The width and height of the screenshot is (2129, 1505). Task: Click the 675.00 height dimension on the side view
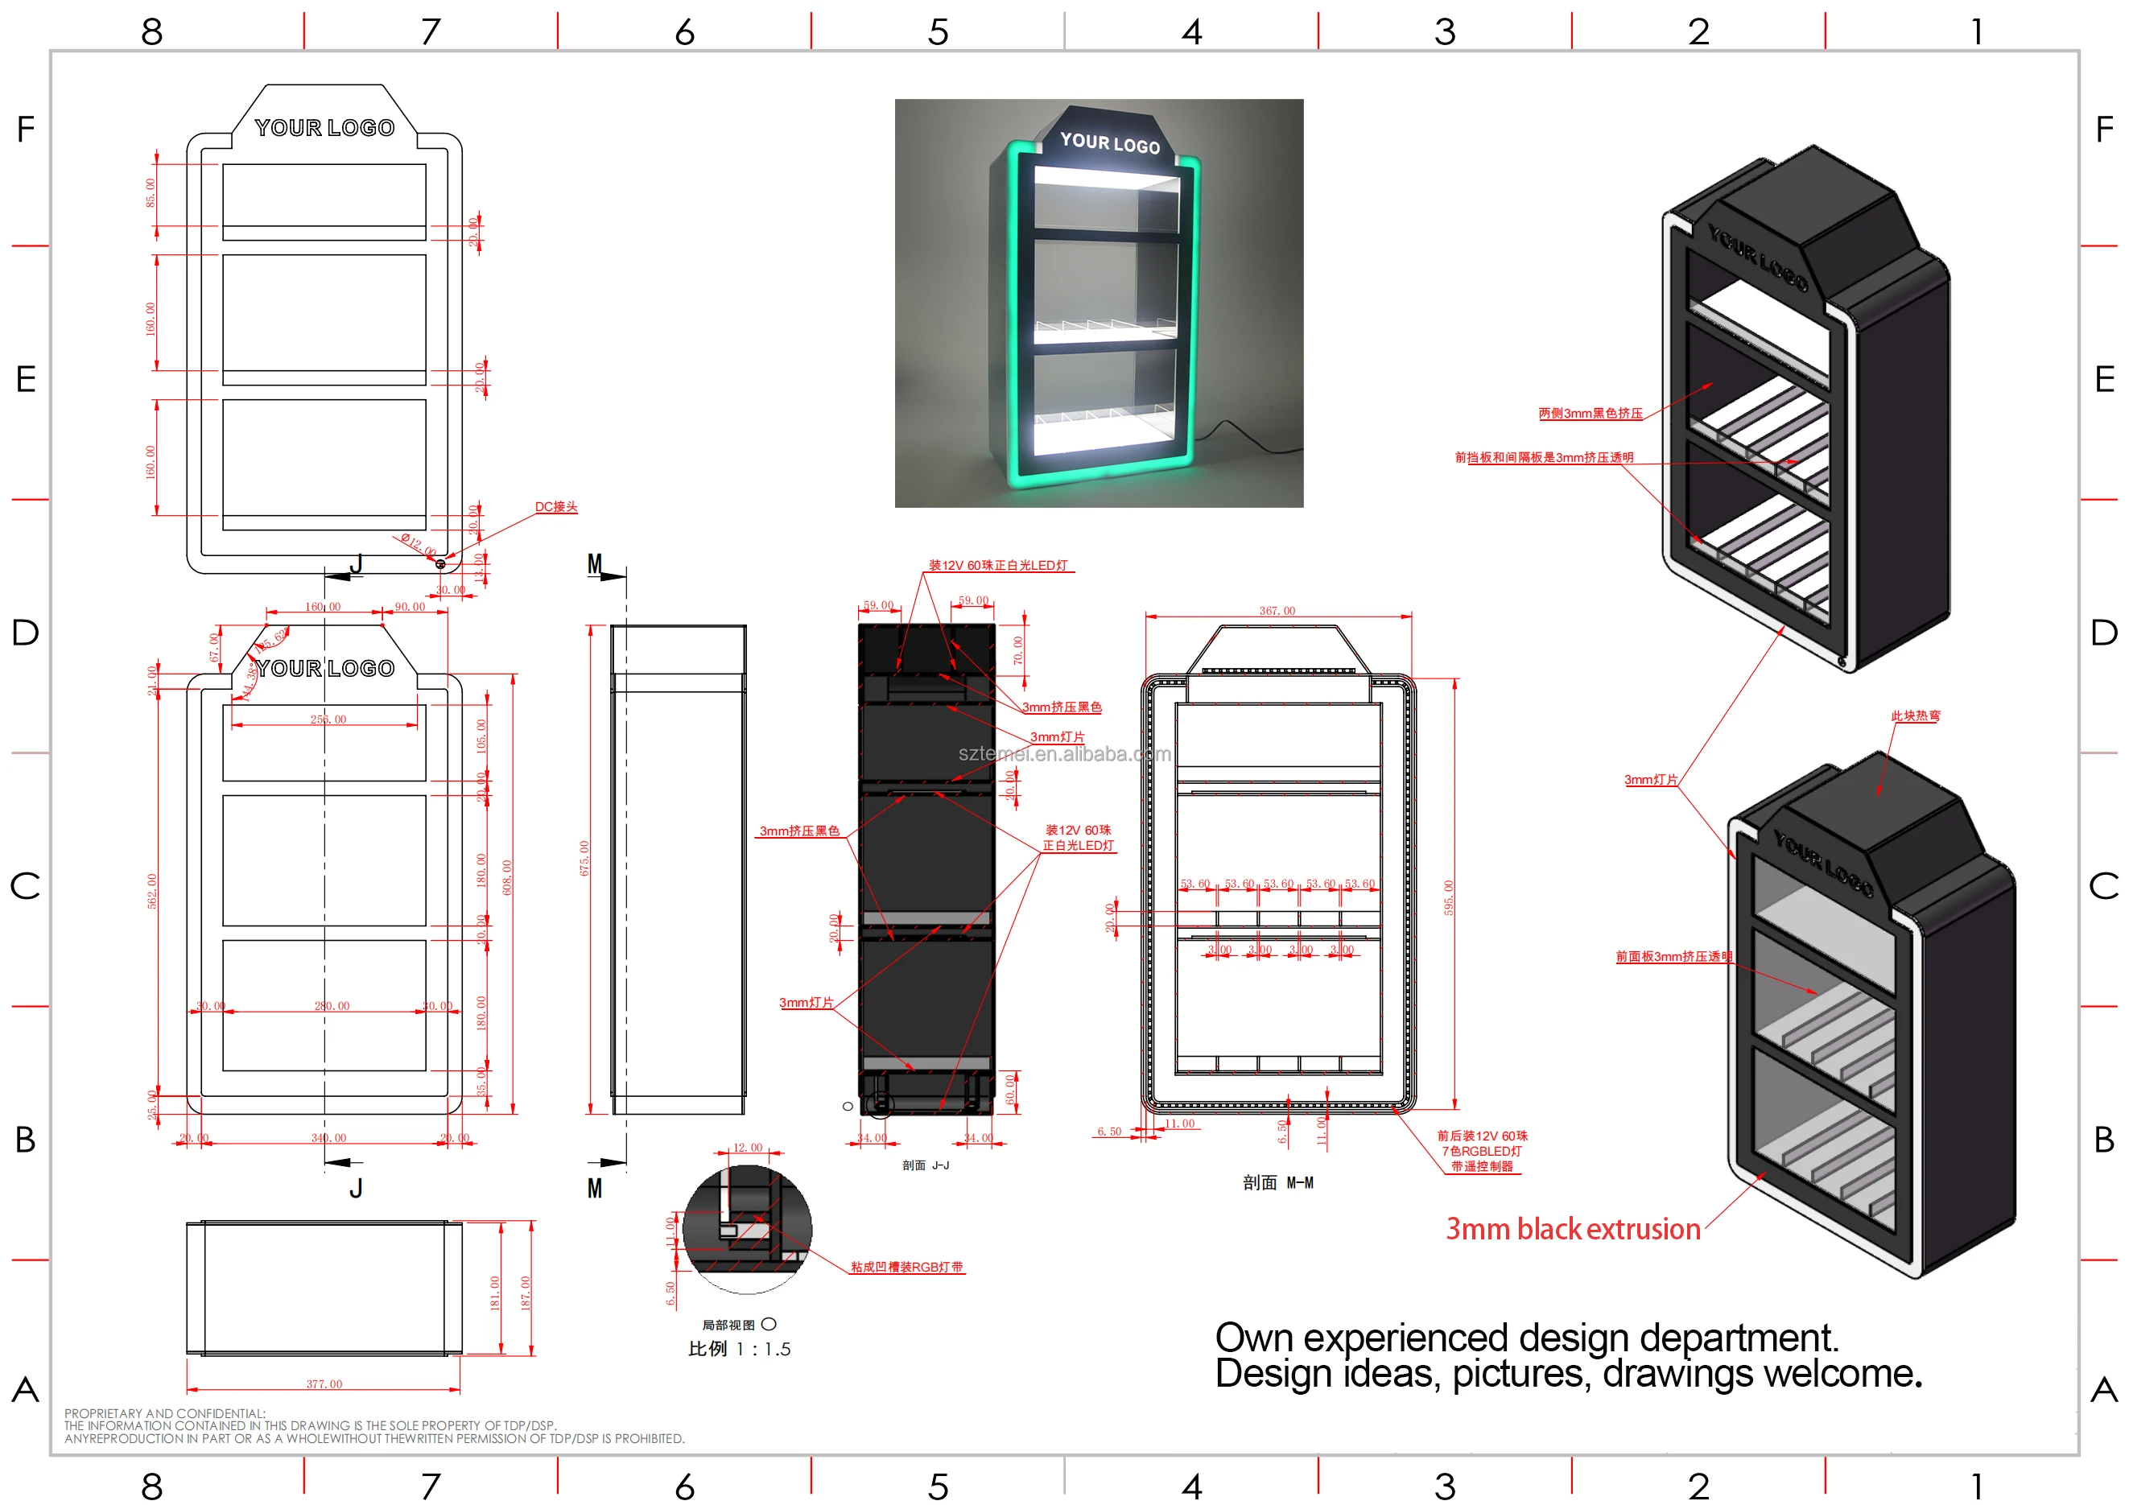tap(584, 858)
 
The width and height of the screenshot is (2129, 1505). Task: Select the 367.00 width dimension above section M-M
tap(1277, 610)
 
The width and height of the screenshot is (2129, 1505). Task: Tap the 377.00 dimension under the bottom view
tap(324, 1383)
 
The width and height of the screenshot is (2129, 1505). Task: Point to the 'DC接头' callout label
tap(555, 506)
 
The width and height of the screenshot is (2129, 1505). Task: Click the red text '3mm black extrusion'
tap(1573, 1229)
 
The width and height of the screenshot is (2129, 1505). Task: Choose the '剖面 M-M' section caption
tap(1277, 1182)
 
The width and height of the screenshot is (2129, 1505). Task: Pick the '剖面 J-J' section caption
tap(926, 1165)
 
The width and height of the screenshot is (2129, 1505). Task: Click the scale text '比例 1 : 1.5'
tap(739, 1348)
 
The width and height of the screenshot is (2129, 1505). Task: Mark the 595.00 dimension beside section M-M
tap(1448, 897)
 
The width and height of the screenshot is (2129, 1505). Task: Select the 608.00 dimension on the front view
tap(506, 877)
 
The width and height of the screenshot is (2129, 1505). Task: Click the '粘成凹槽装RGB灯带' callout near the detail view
tap(906, 1267)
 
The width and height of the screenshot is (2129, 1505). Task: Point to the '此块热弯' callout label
tap(1915, 715)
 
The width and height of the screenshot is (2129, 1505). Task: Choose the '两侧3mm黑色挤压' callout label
tap(1590, 414)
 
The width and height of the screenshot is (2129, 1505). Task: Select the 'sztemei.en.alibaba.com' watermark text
tap(1063, 754)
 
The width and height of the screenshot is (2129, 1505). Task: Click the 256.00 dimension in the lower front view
tap(328, 720)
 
